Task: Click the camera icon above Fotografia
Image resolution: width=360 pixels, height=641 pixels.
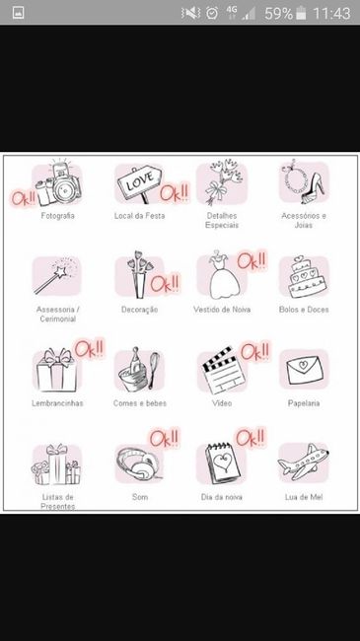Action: point(58,183)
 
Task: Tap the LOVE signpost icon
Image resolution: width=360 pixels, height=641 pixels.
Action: point(139,182)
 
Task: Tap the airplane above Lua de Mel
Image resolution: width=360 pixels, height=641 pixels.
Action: point(303,462)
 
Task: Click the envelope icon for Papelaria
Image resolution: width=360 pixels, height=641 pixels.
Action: point(305,370)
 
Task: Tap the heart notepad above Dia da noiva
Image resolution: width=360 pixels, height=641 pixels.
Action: point(223,463)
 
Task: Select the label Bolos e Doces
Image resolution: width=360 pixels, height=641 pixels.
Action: point(304,310)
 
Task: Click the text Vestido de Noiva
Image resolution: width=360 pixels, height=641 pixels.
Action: point(222,310)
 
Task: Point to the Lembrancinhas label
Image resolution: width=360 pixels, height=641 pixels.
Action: point(57,403)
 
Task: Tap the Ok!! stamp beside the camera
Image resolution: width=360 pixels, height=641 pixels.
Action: point(23,197)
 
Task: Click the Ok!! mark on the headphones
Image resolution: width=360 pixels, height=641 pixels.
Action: point(164,438)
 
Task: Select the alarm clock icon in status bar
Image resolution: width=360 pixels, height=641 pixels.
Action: point(212,13)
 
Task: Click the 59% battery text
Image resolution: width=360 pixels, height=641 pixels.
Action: point(278,13)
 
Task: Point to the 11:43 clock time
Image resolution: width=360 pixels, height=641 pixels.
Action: point(331,13)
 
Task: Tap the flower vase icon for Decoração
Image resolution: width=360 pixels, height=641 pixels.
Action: point(139,274)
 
